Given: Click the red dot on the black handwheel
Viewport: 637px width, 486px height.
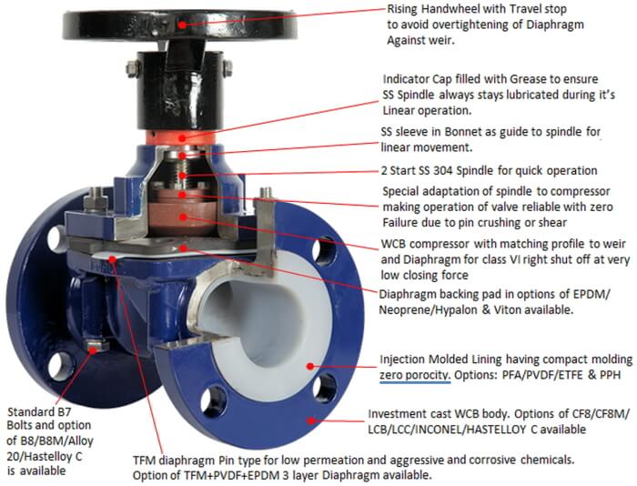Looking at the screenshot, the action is pyautogui.click(x=182, y=25).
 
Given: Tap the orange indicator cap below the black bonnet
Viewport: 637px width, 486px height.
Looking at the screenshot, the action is pyautogui.click(x=181, y=137).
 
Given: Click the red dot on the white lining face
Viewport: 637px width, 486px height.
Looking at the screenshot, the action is pyautogui.click(x=310, y=366).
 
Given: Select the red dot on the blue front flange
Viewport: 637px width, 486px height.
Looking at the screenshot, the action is pyautogui.click(x=311, y=420).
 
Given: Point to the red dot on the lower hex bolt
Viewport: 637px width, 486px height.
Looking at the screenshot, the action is pyautogui.click(x=93, y=349).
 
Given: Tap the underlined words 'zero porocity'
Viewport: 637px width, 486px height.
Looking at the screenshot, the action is pyautogui.click(x=415, y=375).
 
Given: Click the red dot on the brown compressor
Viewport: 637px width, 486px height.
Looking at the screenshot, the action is pyautogui.click(x=183, y=217).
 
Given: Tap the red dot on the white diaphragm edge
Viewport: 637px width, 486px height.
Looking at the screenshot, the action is pyautogui.click(x=113, y=258).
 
